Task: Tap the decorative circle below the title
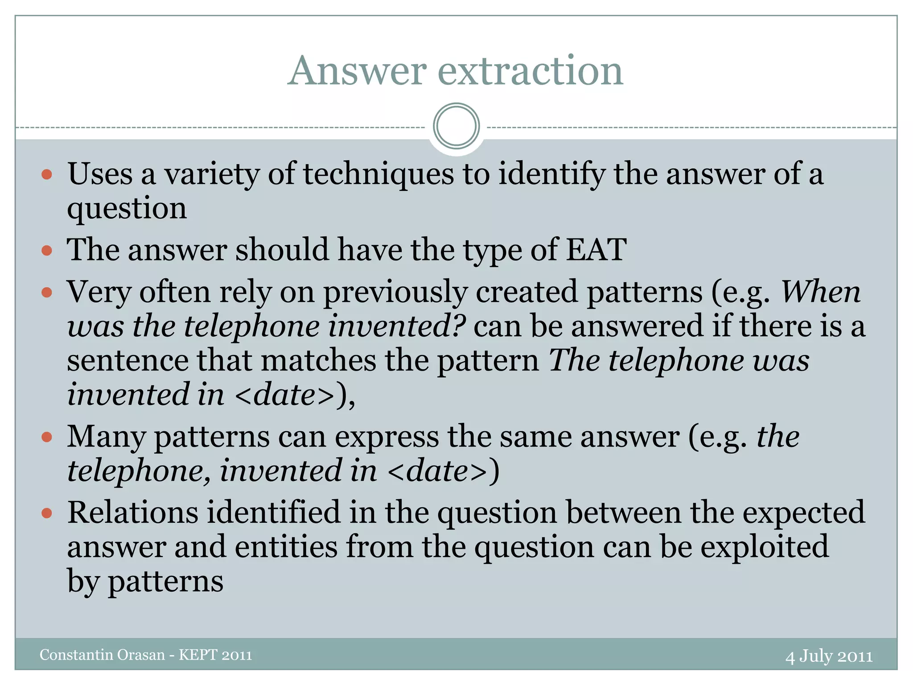pyautogui.click(x=456, y=126)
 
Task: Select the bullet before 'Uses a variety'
pyautogui.click(x=47, y=174)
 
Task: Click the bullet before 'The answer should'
pyautogui.click(x=47, y=250)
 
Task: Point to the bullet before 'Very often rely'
pyautogui.click(x=47, y=293)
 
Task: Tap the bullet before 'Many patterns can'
pyautogui.click(x=47, y=437)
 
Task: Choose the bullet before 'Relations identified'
pyautogui.click(x=47, y=513)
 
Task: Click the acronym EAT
pyautogui.click(x=596, y=249)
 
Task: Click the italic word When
pyautogui.click(x=820, y=292)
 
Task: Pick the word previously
pyautogui.click(x=395, y=293)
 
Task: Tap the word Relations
pyautogui.click(x=132, y=512)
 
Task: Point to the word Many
pyautogui.click(x=106, y=437)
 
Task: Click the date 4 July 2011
pyautogui.click(x=829, y=656)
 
